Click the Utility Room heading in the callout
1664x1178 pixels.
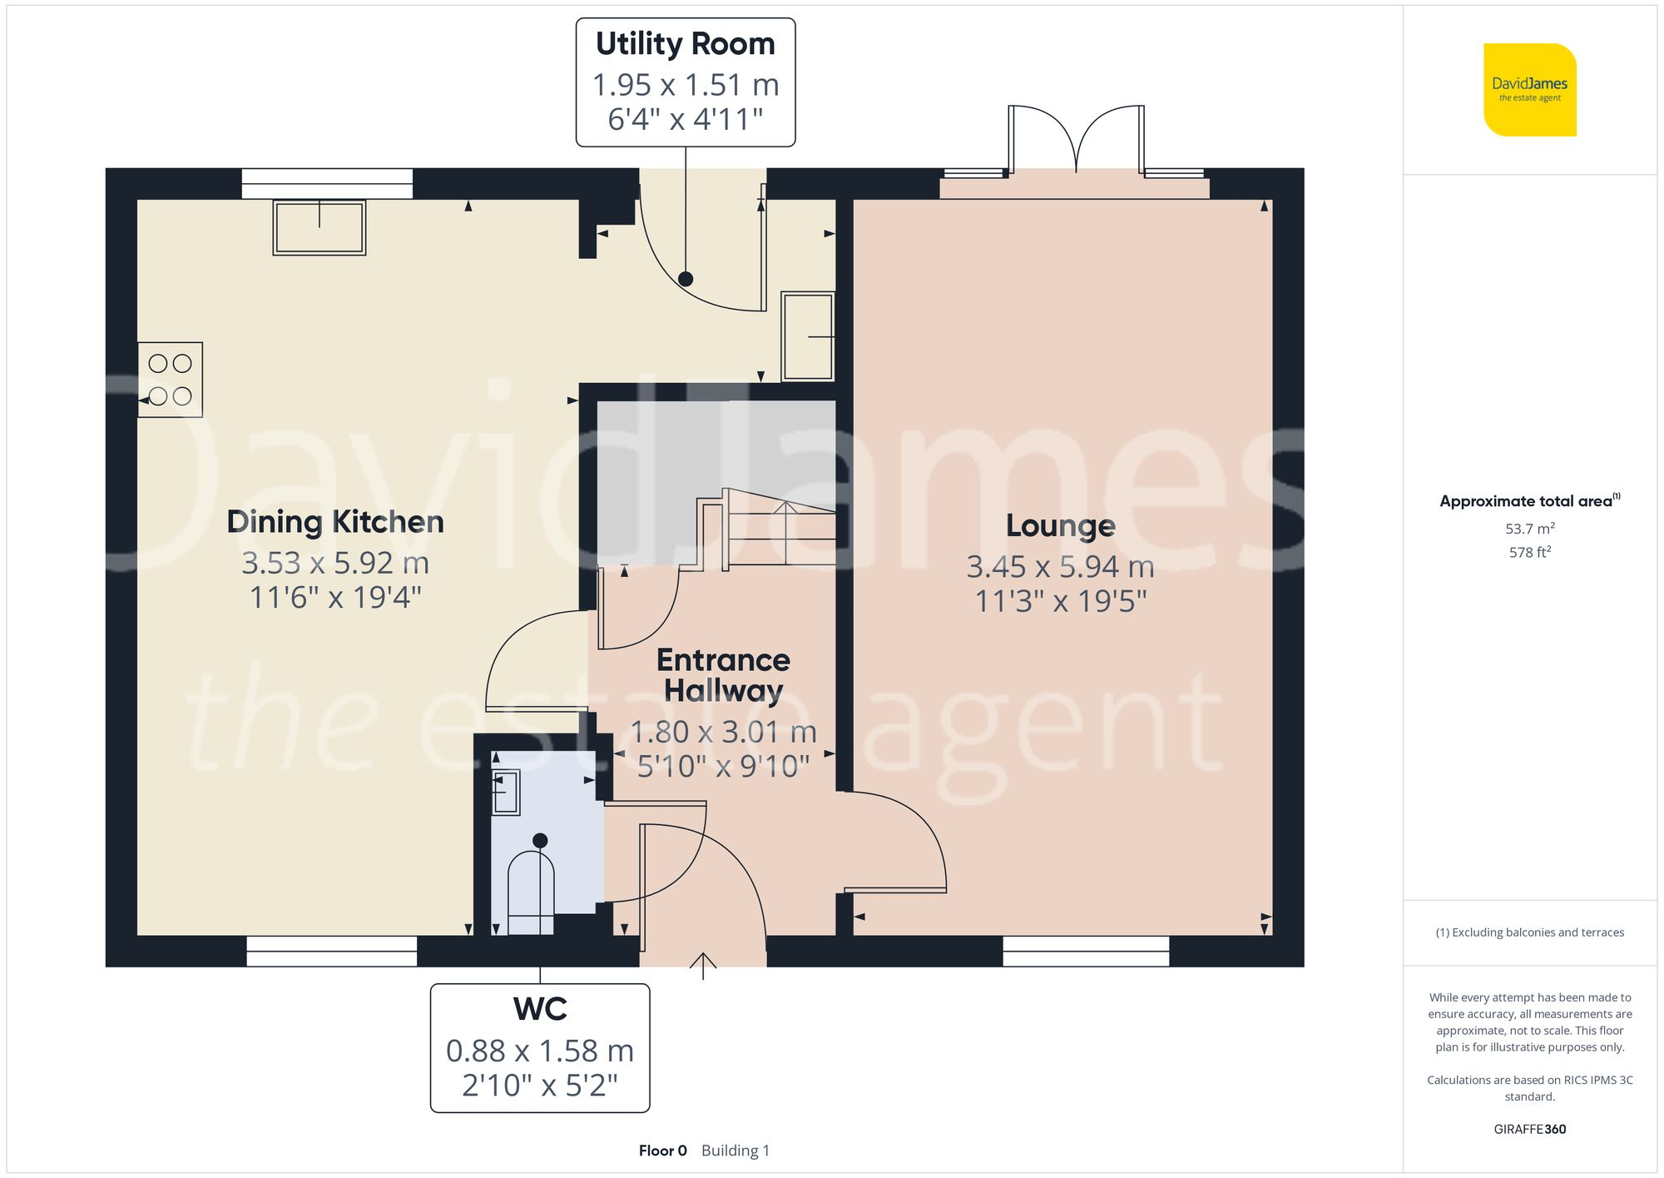click(685, 44)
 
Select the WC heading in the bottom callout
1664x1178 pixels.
click(540, 1009)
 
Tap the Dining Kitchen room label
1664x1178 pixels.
click(335, 522)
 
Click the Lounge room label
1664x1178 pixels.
click(1060, 525)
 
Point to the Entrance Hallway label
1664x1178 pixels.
click(723, 675)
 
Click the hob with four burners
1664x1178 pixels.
click(171, 380)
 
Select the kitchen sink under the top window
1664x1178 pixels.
click(319, 227)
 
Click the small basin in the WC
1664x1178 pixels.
click(506, 792)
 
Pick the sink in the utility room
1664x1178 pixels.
click(808, 336)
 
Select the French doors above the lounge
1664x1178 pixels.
click(1076, 142)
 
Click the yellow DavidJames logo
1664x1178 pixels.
click(1529, 89)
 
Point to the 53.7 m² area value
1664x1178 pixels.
click(1529, 529)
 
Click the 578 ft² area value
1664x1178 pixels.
click(1529, 552)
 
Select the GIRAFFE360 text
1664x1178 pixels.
click(1529, 1129)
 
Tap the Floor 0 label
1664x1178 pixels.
click(662, 1151)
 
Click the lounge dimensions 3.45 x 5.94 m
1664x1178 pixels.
click(1060, 567)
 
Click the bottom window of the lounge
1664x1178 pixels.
click(1086, 951)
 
